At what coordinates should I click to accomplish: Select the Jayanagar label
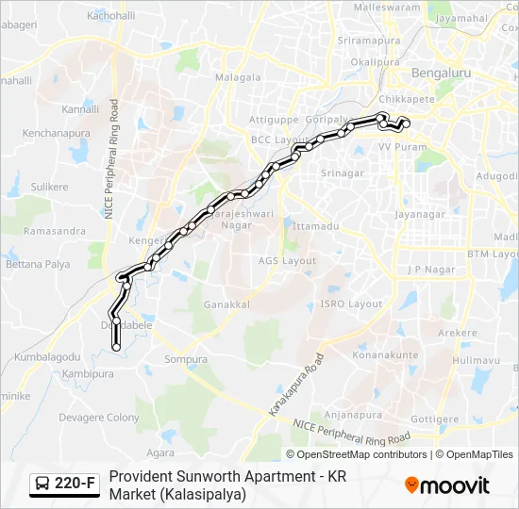420,215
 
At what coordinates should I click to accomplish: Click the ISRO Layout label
351,304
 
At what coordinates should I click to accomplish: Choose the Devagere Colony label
99,418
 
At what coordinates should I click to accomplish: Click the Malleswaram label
387,7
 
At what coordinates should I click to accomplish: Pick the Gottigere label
435,418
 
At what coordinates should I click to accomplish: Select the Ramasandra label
55,231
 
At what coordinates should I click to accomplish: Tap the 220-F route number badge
75,484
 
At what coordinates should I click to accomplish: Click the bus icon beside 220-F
43,484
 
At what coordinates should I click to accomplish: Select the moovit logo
447,484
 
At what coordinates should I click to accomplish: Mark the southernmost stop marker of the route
117,348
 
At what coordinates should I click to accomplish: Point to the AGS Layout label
288,261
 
